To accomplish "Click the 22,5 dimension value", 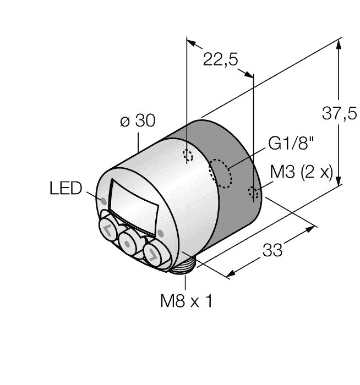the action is point(220,59).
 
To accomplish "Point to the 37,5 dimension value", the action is point(340,113).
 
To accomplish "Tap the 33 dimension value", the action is point(272,250).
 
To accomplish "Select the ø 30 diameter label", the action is point(138,120).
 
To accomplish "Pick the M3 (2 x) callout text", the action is point(301,172).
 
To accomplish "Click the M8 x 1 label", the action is point(186,301).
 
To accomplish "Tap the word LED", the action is point(66,188).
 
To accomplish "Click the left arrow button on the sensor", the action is point(108,228).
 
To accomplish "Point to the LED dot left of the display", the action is point(103,201).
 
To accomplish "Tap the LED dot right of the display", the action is point(161,233).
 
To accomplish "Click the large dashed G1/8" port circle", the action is point(220,173).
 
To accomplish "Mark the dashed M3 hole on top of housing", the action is point(188,156).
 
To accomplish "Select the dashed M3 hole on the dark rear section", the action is point(253,193).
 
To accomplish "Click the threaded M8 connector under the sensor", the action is point(183,265).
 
